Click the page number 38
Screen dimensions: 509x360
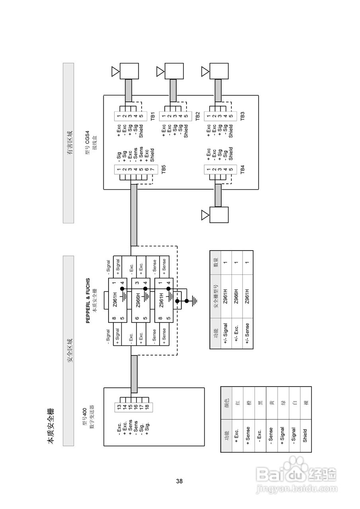(x=179, y=481)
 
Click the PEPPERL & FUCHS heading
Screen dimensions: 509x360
(x=88, y=301)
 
